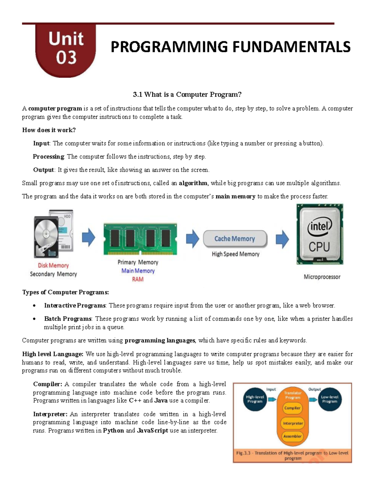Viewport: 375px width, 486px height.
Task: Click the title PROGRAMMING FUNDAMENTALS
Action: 231,47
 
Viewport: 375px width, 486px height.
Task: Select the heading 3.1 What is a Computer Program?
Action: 187,95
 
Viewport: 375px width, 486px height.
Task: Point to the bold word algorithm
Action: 193,183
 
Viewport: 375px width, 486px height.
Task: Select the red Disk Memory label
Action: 53,265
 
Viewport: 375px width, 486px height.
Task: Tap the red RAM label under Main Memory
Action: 137,279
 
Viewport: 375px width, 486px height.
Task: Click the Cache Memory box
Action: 235,239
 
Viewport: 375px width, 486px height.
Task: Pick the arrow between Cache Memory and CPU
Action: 282,239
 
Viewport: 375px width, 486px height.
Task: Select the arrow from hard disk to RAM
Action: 88,238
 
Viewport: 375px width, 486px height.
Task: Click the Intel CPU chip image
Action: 320,234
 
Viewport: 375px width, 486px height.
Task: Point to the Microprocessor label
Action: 322,277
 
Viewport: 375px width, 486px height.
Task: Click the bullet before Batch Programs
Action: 34,319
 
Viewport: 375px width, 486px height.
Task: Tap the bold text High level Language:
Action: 52,354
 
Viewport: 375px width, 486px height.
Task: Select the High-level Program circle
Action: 255,399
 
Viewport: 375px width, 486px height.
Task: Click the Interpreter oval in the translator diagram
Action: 292,423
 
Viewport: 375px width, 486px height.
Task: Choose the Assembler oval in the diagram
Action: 292,436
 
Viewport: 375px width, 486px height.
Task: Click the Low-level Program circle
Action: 330,399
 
